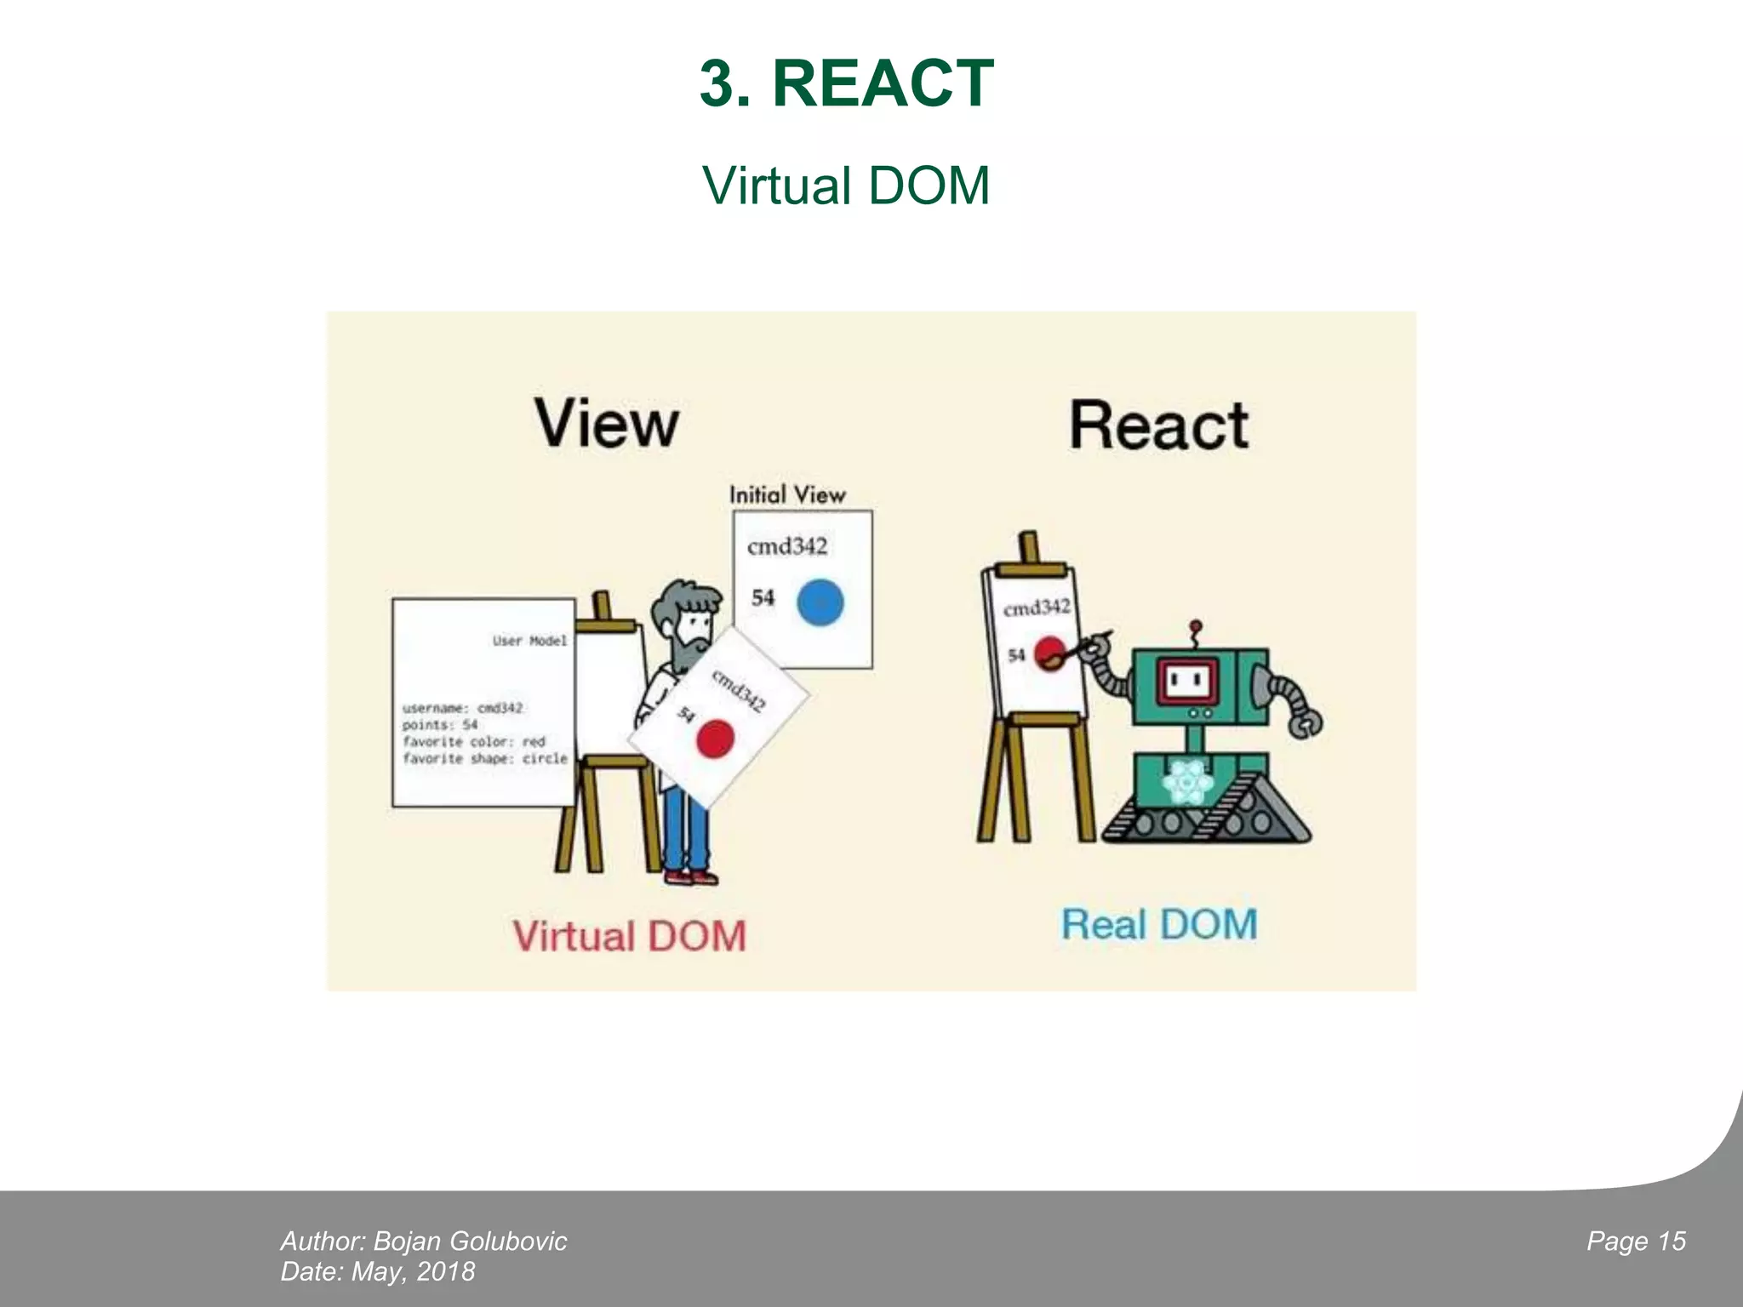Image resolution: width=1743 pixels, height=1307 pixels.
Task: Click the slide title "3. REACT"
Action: (847, 83)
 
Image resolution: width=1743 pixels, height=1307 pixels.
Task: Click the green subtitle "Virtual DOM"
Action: (847, 185)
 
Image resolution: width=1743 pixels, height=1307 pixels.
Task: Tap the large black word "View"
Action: (607, 424)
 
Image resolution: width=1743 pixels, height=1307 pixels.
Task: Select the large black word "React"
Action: (1159, 425)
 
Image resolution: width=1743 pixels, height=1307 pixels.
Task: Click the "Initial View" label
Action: (787, 494)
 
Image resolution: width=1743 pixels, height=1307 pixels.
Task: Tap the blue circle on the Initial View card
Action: (820, 602)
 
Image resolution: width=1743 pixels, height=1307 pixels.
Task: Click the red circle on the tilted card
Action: (715, 738)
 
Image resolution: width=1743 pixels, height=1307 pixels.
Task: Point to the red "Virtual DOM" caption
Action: (629, 936)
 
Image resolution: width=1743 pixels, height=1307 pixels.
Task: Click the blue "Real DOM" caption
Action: (1159, 925)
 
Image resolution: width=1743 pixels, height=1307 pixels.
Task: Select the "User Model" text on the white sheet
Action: (529, 641)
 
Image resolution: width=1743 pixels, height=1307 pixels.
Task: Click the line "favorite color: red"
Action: (473, 741)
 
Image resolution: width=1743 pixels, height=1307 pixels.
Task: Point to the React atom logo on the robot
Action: (1188, 781)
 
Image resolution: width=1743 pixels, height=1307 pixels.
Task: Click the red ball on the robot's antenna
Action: (1196, 626)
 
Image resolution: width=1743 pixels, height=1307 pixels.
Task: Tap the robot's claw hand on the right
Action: (1305, 724)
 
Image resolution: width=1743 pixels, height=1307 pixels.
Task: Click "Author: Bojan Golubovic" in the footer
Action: (424, 1241)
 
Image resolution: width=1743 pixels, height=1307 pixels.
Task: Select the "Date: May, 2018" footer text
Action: (378, 1271)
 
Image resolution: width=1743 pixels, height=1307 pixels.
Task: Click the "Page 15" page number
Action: (1636, 1241)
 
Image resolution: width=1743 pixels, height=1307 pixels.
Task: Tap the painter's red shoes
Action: (690, 876)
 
